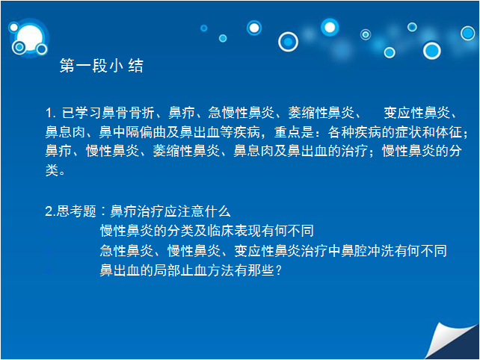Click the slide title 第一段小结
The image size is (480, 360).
102,66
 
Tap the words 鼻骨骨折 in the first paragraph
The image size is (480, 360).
128,113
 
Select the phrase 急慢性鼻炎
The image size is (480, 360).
241,113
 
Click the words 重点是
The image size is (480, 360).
294,132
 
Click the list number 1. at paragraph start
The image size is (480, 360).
51,113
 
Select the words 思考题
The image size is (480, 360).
76,211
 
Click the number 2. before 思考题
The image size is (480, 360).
51,211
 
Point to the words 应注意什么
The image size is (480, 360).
197,211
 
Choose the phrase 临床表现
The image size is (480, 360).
234,231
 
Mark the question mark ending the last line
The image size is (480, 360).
278,270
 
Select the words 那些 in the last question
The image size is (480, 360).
260,270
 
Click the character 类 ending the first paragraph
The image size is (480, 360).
52,170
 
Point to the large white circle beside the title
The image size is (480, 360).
30,38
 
